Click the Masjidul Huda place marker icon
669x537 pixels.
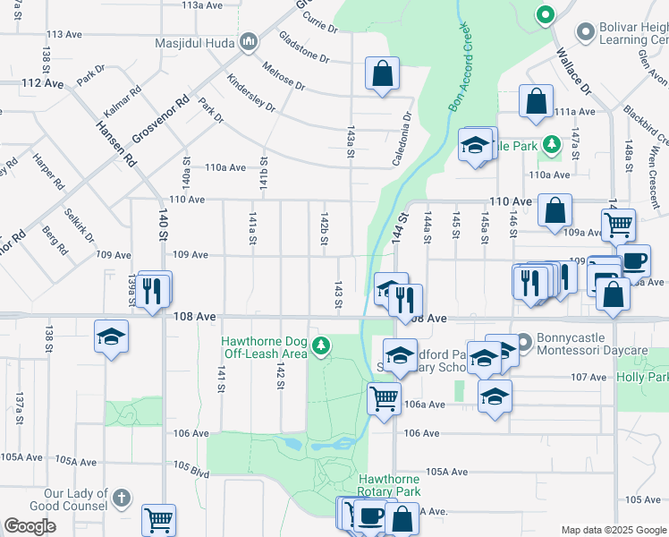pyautogui.click(x=250, y=41)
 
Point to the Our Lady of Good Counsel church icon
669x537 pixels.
pyautogui.click(x=122, y=497)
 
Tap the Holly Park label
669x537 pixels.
pyautogui.click(x=642, y=377)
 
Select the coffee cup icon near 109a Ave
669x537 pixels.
pyautogui.click(x=634, y=260)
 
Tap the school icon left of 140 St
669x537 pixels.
pyautogui.click(x=112, y=337)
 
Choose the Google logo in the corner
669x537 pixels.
pyautogui.click(x=30, y=525)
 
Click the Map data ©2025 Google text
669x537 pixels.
pyautogui.click(x=613, y=530)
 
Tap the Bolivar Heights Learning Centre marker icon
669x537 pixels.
pyautogui.click(x=586, y=33)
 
